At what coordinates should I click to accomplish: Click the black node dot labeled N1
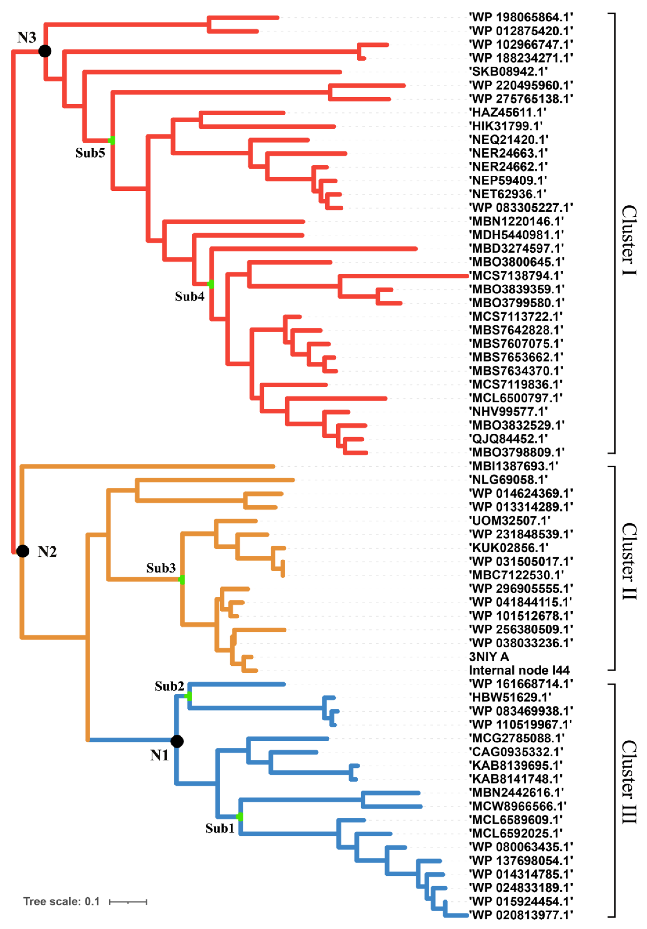tap(177, 741)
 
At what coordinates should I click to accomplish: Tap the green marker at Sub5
tap(112, 140)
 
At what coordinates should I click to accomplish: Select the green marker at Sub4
tap(211, 284)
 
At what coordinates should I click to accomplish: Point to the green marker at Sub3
tap(182, 579)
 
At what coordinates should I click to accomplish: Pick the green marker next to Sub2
tap(188, 696)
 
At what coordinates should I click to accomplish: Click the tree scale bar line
tap(128, 902)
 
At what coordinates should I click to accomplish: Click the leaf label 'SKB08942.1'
tap(508, 72)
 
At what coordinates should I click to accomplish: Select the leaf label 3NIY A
tap(489, 656)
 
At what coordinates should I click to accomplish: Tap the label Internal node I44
tap(519, 670)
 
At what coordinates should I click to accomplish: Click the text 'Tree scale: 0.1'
tap(61, 902)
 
